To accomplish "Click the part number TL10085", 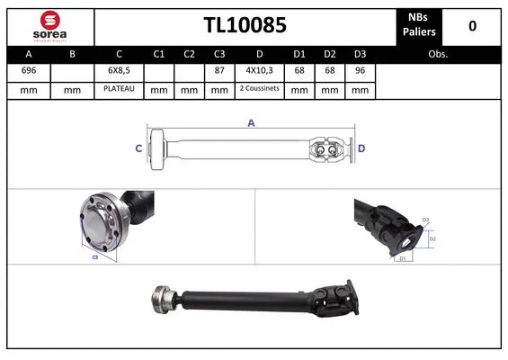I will click(245, 25).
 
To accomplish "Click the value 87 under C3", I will click(218, 71).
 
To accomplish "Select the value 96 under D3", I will click(360, 71).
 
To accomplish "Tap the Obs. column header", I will click(439, 54).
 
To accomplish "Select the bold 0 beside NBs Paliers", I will click(472, 25).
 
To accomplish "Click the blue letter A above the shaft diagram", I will click(251, 123).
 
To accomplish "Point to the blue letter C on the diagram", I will click(139, 148).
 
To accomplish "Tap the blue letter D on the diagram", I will click(361, 148).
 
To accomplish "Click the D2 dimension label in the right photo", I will click(431, 239).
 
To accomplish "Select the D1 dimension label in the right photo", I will click(405, 258).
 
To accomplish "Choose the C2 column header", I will click(189, 54).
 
